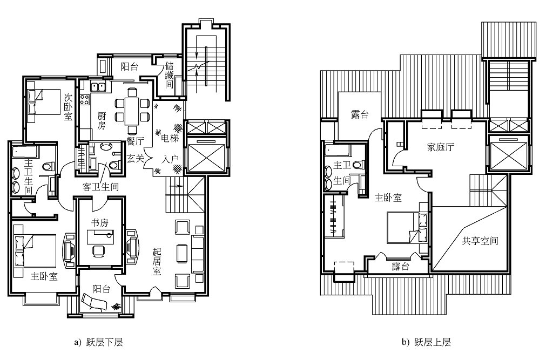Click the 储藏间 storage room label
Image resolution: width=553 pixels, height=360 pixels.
click(169, 75)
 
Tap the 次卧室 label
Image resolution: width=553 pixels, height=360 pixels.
click(68, 106)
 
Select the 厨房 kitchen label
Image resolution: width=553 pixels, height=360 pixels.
click(102, 120)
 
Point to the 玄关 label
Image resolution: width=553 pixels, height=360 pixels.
click(136, 159)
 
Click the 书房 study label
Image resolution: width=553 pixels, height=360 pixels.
click(100, 222)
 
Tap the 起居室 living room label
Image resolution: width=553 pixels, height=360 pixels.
click(157, 262)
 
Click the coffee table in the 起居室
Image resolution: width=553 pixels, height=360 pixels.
click(182, 253)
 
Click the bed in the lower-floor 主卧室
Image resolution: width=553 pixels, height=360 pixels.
click(35, 251)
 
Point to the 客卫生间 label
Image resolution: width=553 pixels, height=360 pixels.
click(100, 187)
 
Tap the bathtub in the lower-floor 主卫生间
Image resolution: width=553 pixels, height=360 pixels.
click(25, 153)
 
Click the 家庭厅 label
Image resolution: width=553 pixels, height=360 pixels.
click(440, 147)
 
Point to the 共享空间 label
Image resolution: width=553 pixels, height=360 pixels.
click(480, 241)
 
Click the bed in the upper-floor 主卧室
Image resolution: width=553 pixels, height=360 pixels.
click(407, 227)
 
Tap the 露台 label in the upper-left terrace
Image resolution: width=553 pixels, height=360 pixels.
click(360, 114)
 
